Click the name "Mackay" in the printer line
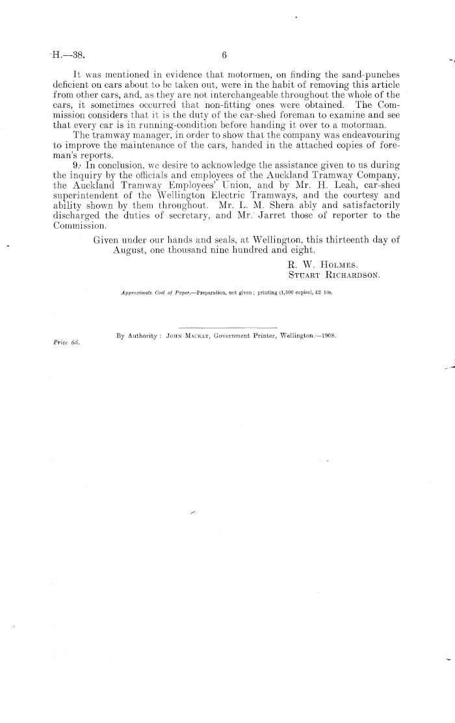coord(195,335)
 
